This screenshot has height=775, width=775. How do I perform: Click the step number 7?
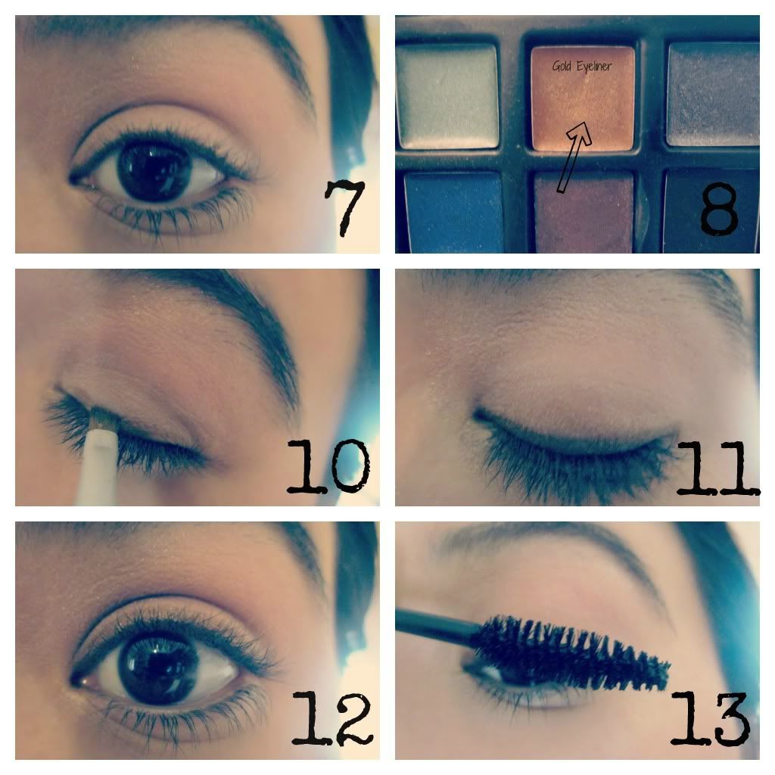click(344, 207)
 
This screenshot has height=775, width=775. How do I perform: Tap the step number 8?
click(720, 209)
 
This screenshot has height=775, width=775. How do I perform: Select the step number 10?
click(328, 467)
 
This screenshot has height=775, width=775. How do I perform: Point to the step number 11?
click(718, 468)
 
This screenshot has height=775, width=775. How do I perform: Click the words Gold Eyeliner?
click(582, 66)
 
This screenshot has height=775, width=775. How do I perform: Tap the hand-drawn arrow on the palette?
click(574, 157)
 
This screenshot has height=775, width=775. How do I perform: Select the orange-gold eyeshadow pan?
click(583, 98)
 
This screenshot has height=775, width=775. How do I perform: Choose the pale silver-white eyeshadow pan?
click(447, 96)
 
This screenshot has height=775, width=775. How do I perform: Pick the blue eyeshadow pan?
click(453, 213)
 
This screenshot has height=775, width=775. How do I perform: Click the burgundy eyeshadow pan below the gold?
click(584, 213)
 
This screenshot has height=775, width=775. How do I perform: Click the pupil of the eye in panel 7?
click(154, 171)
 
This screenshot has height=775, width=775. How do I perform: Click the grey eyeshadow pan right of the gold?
click(713, 95)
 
